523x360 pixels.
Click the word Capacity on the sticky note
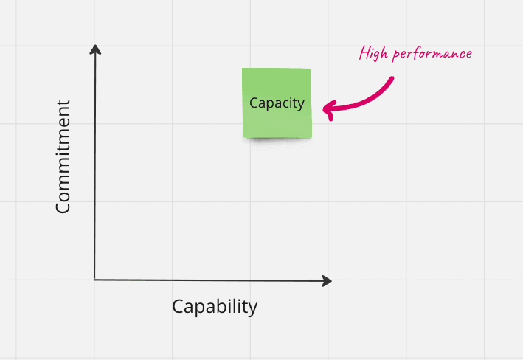(x=277, y=103)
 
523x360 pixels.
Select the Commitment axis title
(x=63, y=156)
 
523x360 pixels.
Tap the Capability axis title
(x=215, y=306)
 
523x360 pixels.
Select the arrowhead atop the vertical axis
(x=94, y=49)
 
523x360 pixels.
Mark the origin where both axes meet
(x=95, y=280)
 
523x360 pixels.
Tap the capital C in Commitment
(x=63, y=207)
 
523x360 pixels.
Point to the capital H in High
(x=364, y=53)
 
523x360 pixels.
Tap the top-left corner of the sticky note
(x=243, y=69)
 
